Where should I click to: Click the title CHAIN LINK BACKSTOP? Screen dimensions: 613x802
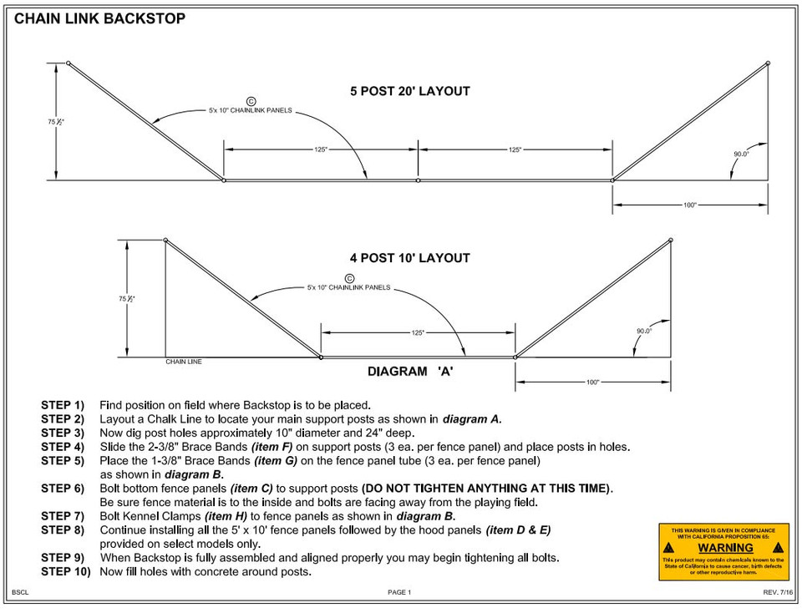pyautogui.click(x=100, y=18)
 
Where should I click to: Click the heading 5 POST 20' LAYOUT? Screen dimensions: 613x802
pyautogui.click(x=410, y=91)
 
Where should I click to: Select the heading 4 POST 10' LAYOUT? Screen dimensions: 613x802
pyautogui.click(x=410, y=258)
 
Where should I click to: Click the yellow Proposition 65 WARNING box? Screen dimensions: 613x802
pyautogui.click(x=723, y=551)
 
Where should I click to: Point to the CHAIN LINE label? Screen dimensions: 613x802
pyautogui.click(x=184, y=362)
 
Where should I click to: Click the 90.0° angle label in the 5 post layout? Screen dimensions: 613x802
pyautogui.click(x=741, y=154)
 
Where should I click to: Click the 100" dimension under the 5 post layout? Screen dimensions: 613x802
pyautogui.click(x=690, y=205)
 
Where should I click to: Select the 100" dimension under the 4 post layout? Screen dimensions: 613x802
pyautogui.click(x=592, y=382)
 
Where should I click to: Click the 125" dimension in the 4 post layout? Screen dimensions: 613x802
pyautogui.click(x=418, y=332)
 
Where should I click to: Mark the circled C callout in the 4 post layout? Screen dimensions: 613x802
pyautogui.click(x=349, y=278)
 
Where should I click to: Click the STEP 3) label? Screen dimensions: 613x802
pyautogui.click(x=63, y=433)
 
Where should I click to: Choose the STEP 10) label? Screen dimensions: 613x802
pyautogui.click(x=65, y=571)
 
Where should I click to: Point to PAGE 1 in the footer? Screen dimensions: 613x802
pyautogui.click(x=399, y=592)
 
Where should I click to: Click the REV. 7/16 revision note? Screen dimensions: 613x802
pyautogui.click(x=776, y=592)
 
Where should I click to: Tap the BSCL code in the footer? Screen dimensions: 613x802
pyautogui.click(x=20, y=592)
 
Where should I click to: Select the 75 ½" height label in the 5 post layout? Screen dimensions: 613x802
pyautogui.click(x=56, y=122)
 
